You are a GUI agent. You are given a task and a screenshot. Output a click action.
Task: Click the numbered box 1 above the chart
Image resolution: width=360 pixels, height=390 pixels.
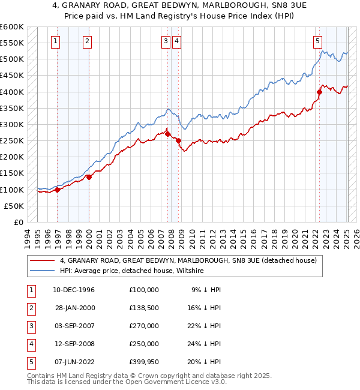click(55, 41)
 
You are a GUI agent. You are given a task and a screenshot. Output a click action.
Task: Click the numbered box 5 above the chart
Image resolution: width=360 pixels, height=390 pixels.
click(317, 41)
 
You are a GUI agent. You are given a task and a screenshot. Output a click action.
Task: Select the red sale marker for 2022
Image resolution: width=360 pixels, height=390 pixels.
click(319, 92)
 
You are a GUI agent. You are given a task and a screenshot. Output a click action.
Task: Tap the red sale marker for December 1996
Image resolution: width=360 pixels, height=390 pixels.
click(58, 190)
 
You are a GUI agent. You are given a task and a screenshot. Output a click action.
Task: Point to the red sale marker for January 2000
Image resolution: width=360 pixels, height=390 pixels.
click(89, 177)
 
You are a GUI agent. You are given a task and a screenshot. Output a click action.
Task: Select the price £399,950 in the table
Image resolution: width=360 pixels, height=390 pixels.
click(144, 362)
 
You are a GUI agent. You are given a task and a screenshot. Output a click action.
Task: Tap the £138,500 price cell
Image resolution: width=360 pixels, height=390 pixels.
click(144, 308)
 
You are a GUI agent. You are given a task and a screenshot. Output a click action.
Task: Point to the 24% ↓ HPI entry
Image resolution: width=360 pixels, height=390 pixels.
click(206, 344)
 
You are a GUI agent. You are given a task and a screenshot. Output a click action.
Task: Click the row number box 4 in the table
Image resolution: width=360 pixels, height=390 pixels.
click(30, 344)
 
